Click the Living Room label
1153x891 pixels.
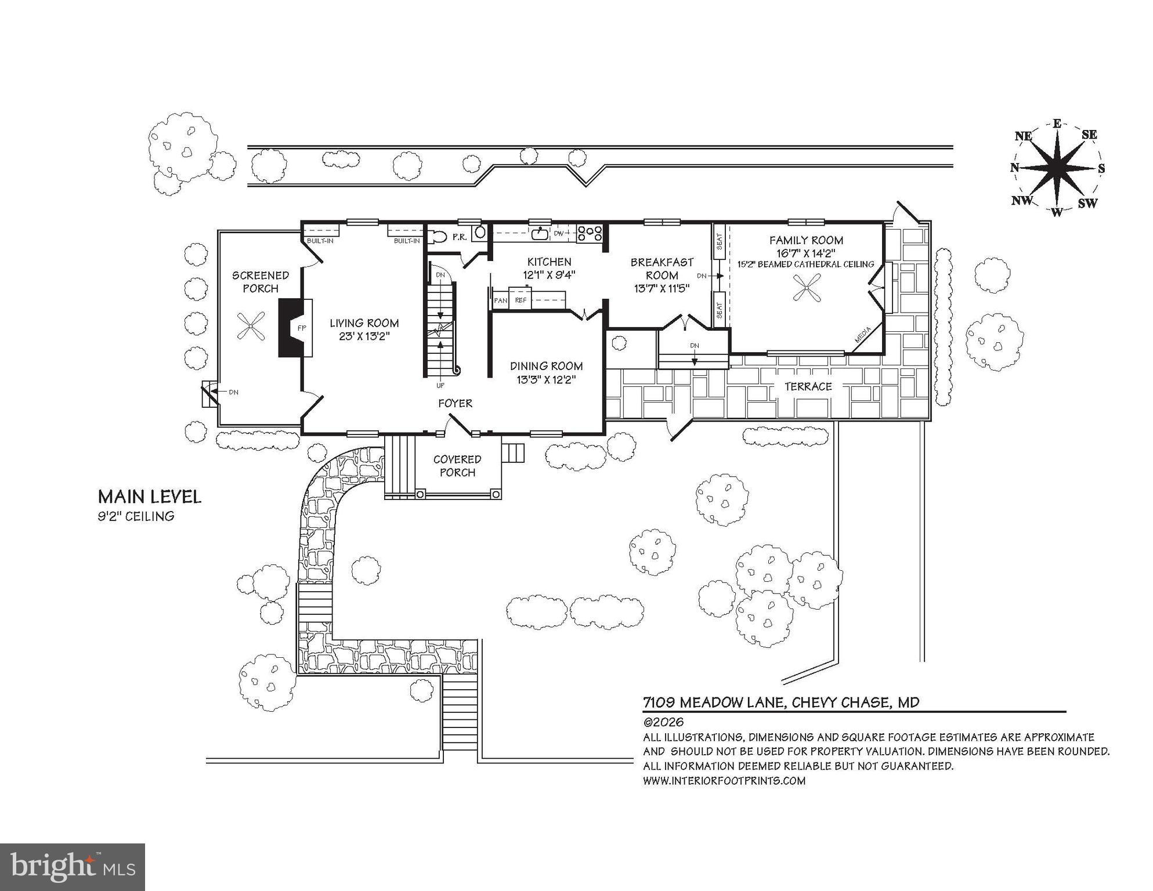(364, 323)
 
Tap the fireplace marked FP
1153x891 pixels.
(296, 328)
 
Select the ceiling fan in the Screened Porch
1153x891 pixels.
(251, 326)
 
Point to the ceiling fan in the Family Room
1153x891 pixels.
(807, 288)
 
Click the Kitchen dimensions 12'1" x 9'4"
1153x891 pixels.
(549, 275)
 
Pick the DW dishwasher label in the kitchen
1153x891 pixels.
(559, 234)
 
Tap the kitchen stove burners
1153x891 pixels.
(590, 234)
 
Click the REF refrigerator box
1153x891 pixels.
(521, 300)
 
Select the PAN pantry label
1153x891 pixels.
(500, 300)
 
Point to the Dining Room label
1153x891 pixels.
(546, 366)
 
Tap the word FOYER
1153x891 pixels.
(455, 403)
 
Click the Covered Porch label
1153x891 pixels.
(457, 466)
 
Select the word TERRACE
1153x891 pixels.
(808, 386)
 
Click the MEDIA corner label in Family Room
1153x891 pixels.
(863, 335)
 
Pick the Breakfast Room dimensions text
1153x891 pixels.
(662, 288)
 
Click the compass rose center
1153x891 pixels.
(1057, 168)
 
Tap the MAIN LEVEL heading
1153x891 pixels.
(149, 497)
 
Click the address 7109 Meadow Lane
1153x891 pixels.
(714, 702)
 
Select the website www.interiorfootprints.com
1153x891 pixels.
(724, 781)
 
